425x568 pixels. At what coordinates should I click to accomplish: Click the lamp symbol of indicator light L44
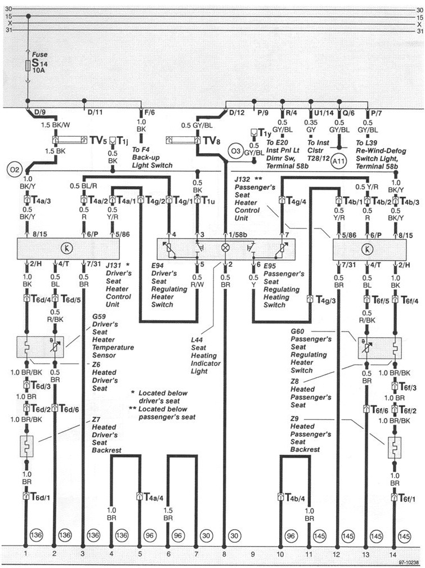225,247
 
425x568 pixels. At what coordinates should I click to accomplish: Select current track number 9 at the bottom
253,554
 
